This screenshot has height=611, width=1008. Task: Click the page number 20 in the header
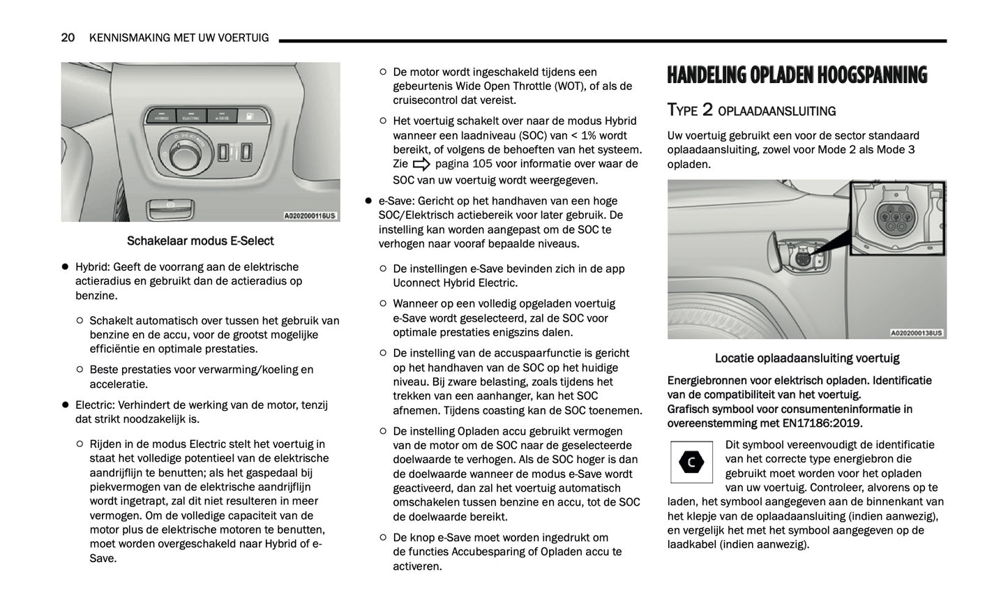coord(68,38)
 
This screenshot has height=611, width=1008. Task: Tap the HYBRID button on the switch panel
coord(161,116)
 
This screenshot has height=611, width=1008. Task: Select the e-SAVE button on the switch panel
coord(222,116)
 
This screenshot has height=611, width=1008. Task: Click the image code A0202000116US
coord(310,216)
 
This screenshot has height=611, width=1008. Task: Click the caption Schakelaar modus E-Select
coord(200,241)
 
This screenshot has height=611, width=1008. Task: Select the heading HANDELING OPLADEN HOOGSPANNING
coord(797,75)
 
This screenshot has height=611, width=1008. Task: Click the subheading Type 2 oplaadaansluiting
coord(751,110)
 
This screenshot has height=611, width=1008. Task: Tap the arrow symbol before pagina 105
coord(421,165)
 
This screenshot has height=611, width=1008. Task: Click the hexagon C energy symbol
coord(691,462)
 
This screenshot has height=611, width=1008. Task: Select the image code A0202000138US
coord(917,333)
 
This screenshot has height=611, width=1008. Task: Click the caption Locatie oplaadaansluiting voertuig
coord(806,358)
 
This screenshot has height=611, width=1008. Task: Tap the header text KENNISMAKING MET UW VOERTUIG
coord(179,38)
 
